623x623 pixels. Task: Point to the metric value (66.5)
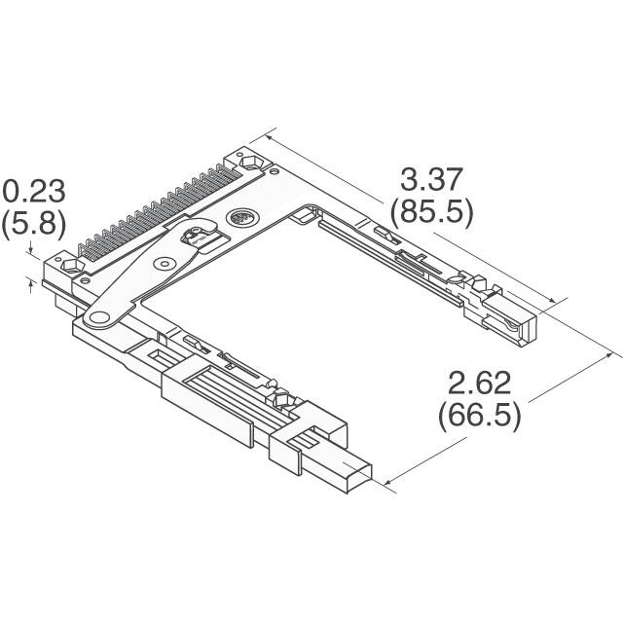coord(479,416)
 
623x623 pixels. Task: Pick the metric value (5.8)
coord(32,225)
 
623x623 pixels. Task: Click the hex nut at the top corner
coord(248,158)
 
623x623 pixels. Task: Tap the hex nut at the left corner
coord(70,265)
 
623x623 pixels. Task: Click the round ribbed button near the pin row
coord(238,220)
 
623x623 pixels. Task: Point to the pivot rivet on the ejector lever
coord(166,264)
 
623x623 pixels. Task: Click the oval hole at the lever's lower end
coord(96,317)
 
